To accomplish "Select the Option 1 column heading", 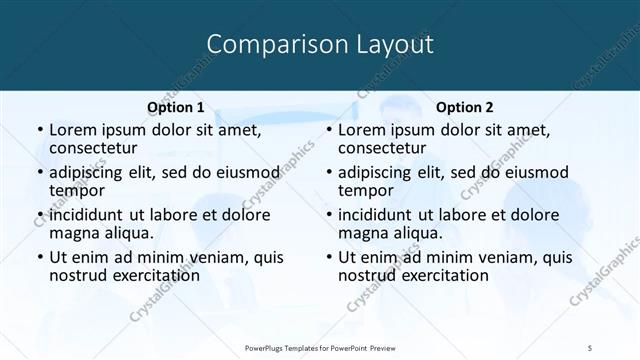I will coord(176,107).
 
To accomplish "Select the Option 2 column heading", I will coord(464,107).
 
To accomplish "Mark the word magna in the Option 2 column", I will coord(362,233).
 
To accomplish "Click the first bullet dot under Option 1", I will coord(39,131).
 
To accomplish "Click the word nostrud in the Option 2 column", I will coord(367,275).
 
